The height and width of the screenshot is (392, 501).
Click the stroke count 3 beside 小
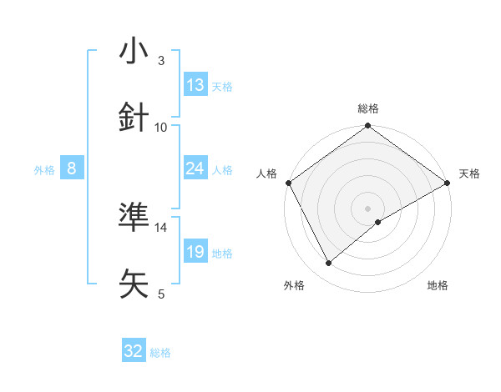tap(161, 61)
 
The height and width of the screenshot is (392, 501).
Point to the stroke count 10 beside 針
tap(161, 128)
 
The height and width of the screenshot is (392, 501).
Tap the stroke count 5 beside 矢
tap(161, 294)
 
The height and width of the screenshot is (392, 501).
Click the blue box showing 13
tap(195, 85)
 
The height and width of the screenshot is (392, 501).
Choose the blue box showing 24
tap(195, 168)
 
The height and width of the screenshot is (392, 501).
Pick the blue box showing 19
tap(195, 252)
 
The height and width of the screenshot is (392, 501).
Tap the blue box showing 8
tap(72, 168)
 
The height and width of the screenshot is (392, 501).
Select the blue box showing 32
tap(134, 351)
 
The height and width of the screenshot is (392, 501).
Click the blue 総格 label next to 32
tap(160, 353)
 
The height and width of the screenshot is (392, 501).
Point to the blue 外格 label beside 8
tap(44, 170)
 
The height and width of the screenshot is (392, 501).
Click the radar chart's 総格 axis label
tap(368, 108)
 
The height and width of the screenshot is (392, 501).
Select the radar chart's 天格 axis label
tap(469, 173)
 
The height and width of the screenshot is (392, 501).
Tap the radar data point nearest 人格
tap(288, 182)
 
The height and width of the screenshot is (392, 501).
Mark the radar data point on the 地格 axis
tap(378, 222)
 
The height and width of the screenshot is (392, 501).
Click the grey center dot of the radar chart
tap(368, 208)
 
